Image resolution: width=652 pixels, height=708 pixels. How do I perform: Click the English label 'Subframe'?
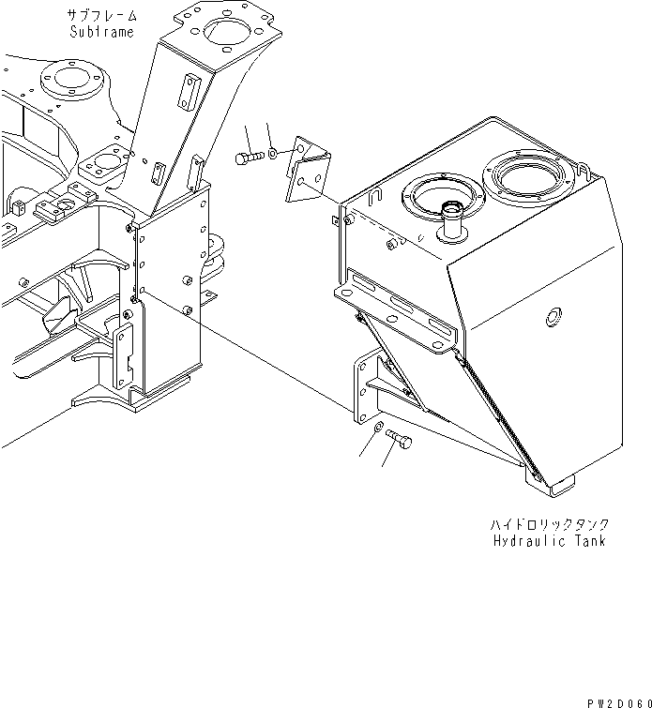click(101, 31)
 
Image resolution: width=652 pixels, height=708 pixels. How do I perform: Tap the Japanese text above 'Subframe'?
click(101, 15)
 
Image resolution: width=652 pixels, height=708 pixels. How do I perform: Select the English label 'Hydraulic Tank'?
click(549, 541)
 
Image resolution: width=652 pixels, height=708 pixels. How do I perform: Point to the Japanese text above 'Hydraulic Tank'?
click(549, 524)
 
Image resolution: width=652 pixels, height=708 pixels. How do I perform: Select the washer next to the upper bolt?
click(271, 152)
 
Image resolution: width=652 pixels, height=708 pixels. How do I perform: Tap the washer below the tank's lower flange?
click(377, 429)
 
